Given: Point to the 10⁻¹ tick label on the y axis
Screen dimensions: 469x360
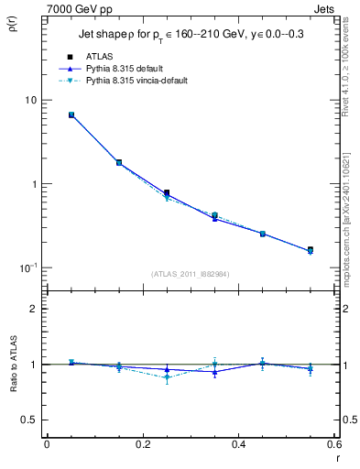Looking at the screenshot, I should tap(27, 267).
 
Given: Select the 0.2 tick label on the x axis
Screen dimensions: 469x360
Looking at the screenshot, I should tap(142, 445).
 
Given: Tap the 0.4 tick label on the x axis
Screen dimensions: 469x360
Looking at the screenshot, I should tap(238, 445).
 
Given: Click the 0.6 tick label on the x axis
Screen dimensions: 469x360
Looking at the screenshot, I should tap(333, 445).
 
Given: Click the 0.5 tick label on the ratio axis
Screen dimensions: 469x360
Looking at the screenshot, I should tap(29, 420).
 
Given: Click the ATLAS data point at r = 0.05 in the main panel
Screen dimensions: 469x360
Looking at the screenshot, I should tap(71, 115).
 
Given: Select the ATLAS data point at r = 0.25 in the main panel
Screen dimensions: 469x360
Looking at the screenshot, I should tap(167, 193).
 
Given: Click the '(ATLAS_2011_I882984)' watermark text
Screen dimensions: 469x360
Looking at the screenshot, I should tap(191, 273).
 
